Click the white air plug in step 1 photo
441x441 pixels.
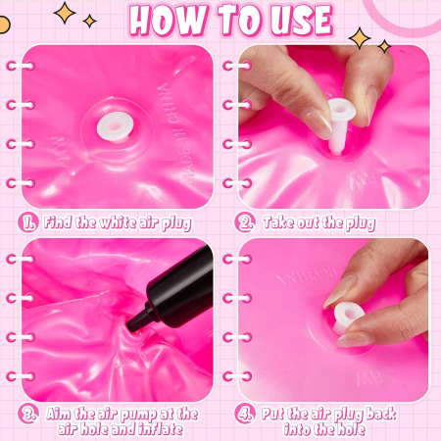[115, 127]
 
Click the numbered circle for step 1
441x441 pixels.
[28, 222]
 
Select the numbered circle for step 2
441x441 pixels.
[244, 222]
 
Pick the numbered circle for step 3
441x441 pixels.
[28, 415]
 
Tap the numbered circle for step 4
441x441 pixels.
[244, 415]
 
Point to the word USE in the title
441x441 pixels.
[302, 21]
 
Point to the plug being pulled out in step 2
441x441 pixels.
[340, 125]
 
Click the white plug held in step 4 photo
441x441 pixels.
[347, 318]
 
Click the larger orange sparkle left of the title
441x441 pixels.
[65, 13]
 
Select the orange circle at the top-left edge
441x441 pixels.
[4, 25]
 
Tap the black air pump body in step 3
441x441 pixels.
[180, 287]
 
